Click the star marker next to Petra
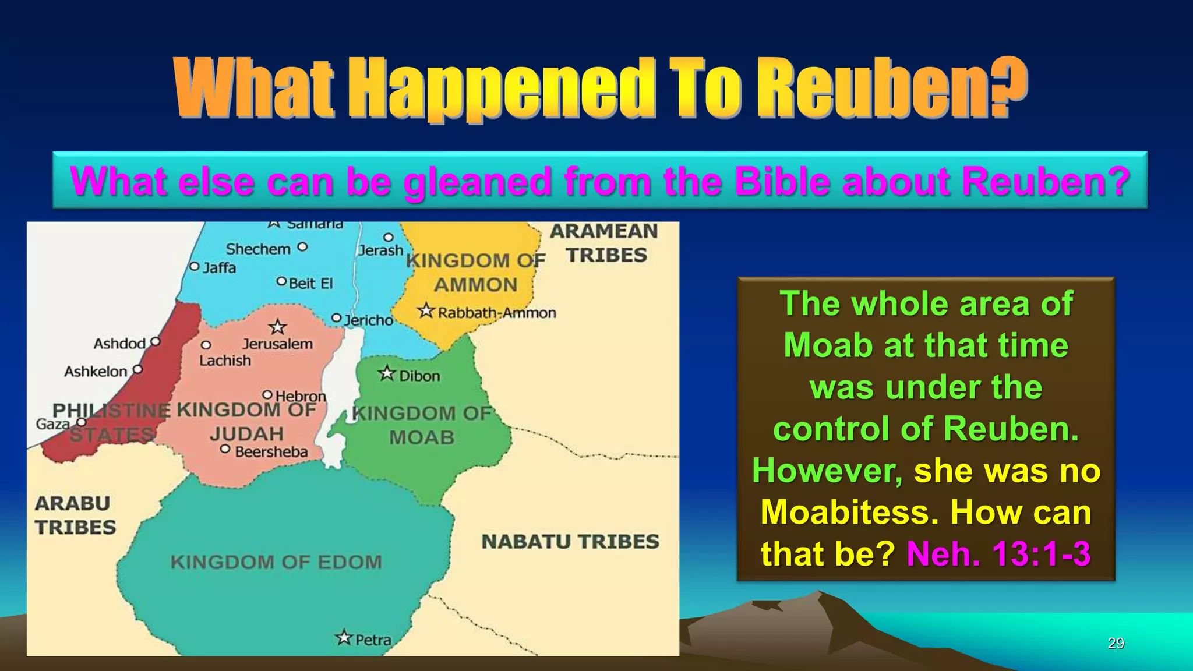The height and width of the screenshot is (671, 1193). click(x=344, y=638)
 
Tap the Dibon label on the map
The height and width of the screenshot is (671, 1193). click(x=419, y=376)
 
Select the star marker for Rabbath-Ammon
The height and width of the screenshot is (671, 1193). click(x=426, y=311)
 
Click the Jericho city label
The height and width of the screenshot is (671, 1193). click(x=369, y=320)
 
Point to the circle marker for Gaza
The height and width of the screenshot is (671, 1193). click(x=82, y=422)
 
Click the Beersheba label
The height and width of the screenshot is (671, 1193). click(x=271, y=452)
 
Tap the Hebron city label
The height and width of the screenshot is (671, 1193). click(x=301, y=397)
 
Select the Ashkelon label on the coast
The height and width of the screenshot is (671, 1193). click(x=96, y=372)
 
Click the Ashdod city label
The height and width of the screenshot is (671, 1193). click(x=119, y=344)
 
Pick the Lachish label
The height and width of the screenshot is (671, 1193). click(x=225, y=361)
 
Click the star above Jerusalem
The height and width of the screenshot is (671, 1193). click(x=277, y=327)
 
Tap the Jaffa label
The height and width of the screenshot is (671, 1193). click(x=220, y=268)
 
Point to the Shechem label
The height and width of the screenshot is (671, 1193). click(x=258, y=249)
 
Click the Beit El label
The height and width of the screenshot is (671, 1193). click(x=310, y=284)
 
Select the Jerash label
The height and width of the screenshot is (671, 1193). click(x=380, y=250)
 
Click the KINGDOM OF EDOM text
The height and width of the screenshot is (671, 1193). click(x=276, y=562)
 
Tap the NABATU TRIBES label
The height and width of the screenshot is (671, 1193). click(x=570, y=542)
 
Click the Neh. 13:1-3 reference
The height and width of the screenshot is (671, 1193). click(x=998, y=553)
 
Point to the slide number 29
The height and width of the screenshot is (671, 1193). click(x=1116, y=643)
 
